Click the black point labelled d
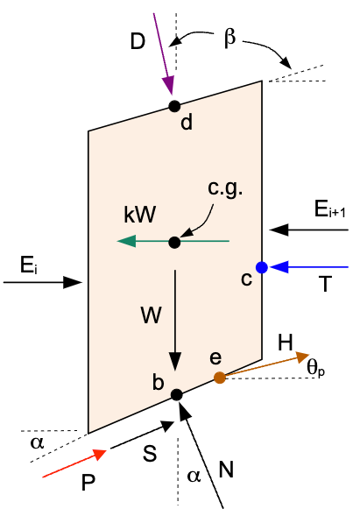click(x=174, y=106)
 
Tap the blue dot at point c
click(x=262, y=267)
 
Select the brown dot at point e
click(x=220, y=378)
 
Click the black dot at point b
click(x=177, y=394)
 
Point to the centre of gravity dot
click(x=174, y=243)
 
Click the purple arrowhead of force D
click(x=168, y=86)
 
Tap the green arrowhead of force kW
click(x=126, y=241)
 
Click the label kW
click(x=139, y=215)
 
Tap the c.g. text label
click(x=225, y=189)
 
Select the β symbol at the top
click(x=229, y=38)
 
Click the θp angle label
click(x=316, y=367)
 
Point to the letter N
click(x=226, y=469)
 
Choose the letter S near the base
click(x=150, y=454)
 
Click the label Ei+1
click(x=329, y=209)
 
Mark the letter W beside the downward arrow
click(x=152, y=315)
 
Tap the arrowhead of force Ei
click(x=73, y=282)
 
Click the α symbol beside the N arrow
click(x=194, y=476)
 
